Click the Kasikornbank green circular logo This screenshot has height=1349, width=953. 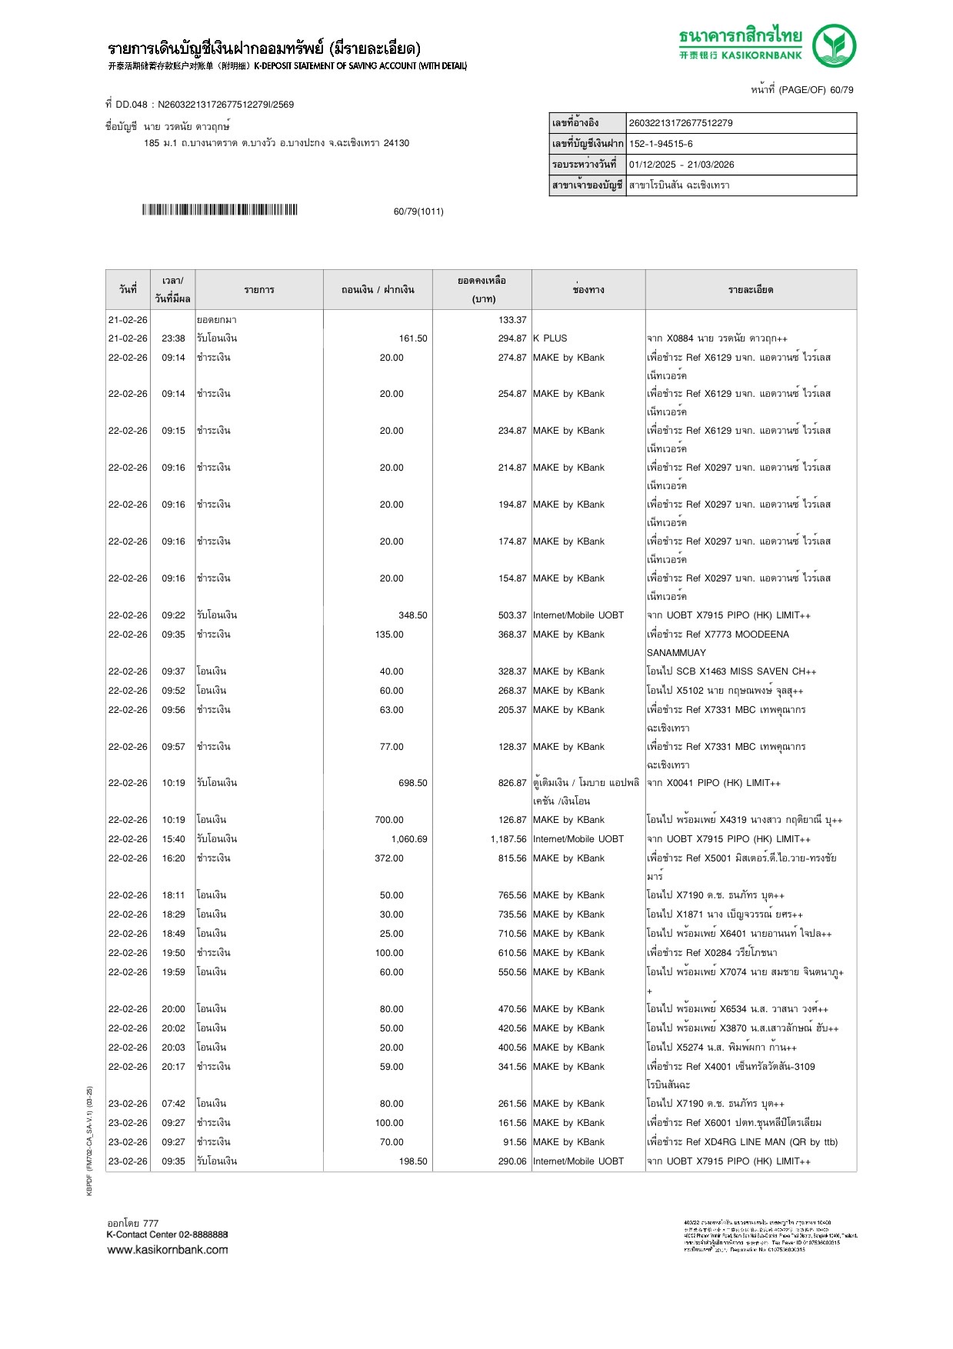pyautogui.click(x=834, y=45)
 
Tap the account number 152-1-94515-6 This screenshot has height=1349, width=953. pyautogui.click(x=661, y=144)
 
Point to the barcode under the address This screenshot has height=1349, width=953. pyautogui.click(x=219, y=210)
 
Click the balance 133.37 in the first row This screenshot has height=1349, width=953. pyautogui.click(x=512, y=320)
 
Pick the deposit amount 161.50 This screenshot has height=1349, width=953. pyautogui.click(x=413, y=338)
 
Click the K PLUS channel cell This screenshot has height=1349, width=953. pyautogui.click(x=550, y=338)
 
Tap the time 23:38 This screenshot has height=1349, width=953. pyautogui.click(x=173, y=338)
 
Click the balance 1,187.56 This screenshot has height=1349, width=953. pyautogui.click(x=508, y=839)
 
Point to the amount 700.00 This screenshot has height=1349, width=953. pyautogui.click(x=389, y=820)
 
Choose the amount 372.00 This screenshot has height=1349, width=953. pyautogui.click(x=389, y=858)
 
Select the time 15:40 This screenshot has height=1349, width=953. pyautogui.click(x=173, y=839)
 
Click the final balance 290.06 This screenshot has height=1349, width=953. pyautogui.click(x=512, y=1161)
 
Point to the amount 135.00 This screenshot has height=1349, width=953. pyautogui.click(x=389, y=635)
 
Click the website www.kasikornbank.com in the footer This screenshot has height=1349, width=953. pyautogui.click(x=168, y=1250)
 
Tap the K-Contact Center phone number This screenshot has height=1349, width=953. pyautogui.click(x=203, y=1234)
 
